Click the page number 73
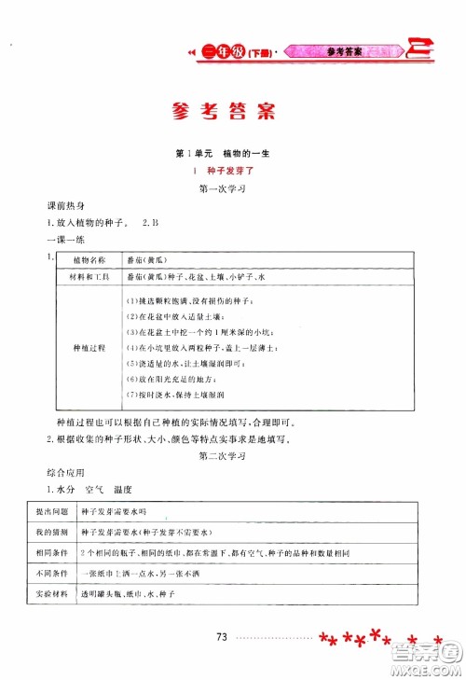pos(221,637)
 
